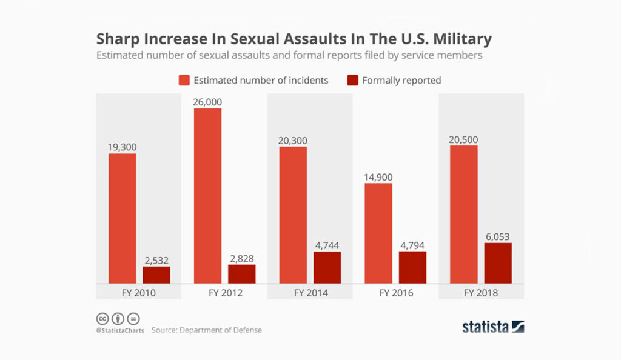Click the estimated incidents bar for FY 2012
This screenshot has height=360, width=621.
[x=207, y=196]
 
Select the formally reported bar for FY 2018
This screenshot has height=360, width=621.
[x=498, y=263]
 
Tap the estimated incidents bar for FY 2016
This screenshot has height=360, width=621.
[x=378, y=233]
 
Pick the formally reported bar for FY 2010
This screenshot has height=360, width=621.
[x=156, y=275]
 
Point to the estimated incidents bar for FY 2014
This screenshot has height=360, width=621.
[x=293, y=215]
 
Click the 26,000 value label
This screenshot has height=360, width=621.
[x=208, y=102]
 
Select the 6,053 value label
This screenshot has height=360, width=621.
[x=498, y=236]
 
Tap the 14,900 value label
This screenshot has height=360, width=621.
[x=378, y=177]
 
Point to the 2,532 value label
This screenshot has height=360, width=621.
[x=156, y=260]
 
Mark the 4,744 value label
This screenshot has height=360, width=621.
[x=327, y=245]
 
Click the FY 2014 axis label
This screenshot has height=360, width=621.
[x=310, y=293]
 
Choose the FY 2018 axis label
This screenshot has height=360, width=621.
[x=481, y=293]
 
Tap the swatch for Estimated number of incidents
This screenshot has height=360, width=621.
[x=184, y=80]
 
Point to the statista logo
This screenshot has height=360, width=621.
[x=493, y=327]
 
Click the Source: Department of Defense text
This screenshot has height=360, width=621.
[x=206, y=330]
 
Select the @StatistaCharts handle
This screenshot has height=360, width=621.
[x=119, y=330]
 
